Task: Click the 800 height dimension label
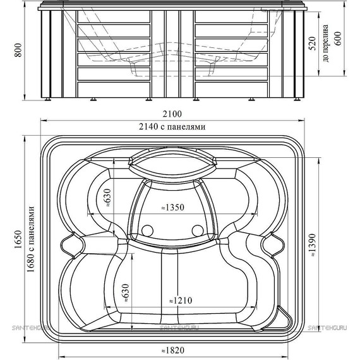tap(18, 50)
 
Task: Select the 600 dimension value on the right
tap(338, 39)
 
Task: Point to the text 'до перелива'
tap(325, 43)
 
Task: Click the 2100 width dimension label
tap(172, 114)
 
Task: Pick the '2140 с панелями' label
tap(172, 126)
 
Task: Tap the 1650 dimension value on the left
tap(18, 239)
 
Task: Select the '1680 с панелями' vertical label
tap(31, 239)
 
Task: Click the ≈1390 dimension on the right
tap(313, 245)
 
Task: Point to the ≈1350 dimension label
tap(172, 207)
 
